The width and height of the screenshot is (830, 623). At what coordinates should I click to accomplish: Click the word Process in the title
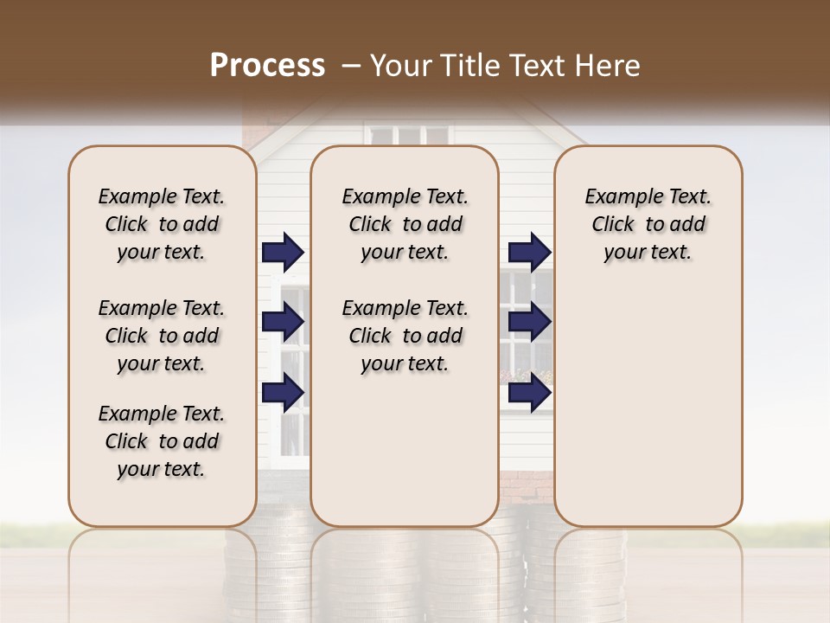coord(267,66)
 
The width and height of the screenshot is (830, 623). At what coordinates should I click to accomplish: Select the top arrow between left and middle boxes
coord(283,252)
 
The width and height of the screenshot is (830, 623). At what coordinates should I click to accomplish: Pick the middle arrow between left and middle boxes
coord(283,322)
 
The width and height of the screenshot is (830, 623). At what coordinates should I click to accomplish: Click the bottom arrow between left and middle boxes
coord(283,392)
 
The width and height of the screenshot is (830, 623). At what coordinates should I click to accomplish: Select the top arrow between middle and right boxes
coord(529,252)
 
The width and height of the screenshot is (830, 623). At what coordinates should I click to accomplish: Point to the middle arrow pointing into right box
coord(529,322)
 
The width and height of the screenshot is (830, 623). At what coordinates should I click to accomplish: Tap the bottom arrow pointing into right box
coord(529,392)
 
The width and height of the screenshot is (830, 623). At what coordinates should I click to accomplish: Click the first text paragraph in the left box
coord(162,224)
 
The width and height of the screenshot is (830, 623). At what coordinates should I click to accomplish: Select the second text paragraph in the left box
coord(162,336)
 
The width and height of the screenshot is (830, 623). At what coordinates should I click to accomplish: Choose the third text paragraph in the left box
coord(162,441)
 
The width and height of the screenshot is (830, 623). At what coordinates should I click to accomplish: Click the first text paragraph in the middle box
coord(405,224)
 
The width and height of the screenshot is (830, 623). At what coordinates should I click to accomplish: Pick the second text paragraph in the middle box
coord(405,336)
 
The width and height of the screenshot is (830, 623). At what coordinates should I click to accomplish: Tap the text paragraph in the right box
coord(648,224)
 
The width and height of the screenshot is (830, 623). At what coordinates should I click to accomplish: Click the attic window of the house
coord(409,136)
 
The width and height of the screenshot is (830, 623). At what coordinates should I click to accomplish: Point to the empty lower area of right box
coord(648,407)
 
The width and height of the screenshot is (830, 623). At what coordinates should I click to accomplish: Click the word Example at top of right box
coord(616,196)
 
